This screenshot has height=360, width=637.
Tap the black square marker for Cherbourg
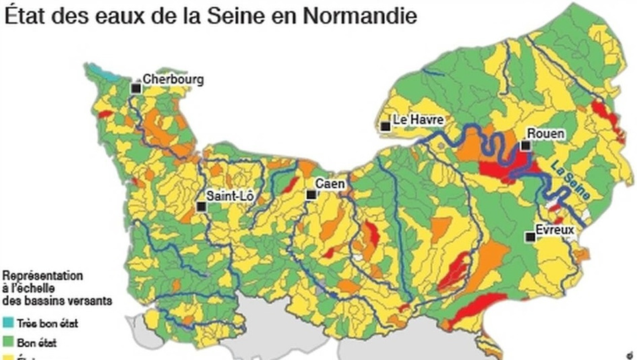136,88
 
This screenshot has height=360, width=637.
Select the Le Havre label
419,119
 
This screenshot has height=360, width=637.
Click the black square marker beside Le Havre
385,126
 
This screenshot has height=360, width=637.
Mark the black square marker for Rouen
524,145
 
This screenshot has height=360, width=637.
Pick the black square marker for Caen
311,195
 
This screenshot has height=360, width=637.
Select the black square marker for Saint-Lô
200,206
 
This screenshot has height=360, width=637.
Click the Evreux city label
555,230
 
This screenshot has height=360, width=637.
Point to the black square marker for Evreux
530,237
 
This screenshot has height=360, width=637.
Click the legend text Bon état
38,342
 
